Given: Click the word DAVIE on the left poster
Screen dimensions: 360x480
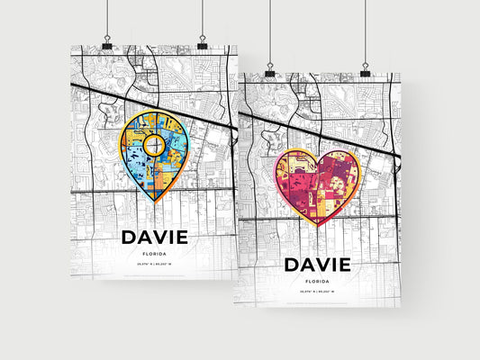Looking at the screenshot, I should point(153,237).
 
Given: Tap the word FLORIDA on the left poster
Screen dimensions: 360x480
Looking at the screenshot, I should point(153,254).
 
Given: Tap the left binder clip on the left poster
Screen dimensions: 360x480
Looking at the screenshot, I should point(106,44).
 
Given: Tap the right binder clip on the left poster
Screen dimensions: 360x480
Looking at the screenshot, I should point(202,44).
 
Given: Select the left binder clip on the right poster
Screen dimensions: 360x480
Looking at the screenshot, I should point(270,71).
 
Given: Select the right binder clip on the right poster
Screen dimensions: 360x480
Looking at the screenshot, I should point(366,71).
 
